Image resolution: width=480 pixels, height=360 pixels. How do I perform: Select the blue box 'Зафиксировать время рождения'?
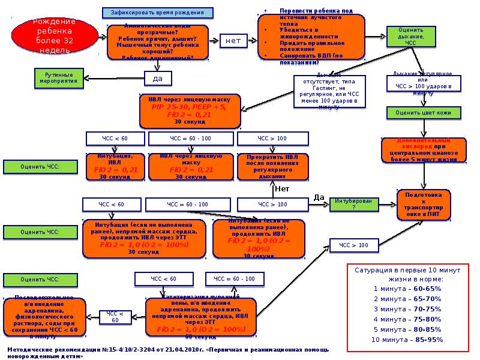(157, 12)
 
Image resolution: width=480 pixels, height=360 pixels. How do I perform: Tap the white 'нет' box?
(233, 41)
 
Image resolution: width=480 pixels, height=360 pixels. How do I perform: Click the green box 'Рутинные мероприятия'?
(58, 76)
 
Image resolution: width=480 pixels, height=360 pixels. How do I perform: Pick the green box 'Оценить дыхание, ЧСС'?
(410, 37)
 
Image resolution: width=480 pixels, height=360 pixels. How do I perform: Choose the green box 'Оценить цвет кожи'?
(419, 112)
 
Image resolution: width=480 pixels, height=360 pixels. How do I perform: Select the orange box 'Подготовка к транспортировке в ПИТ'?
(424, 204)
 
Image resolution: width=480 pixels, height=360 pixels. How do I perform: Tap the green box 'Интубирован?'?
(353, 204)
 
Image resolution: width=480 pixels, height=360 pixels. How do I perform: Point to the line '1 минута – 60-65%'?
(407, 289)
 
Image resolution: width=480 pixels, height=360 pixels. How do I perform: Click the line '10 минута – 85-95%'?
(407, 340)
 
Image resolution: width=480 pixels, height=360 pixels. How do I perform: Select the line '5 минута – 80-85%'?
(407, 329)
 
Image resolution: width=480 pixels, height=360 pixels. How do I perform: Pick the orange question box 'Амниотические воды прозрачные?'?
(158, 42)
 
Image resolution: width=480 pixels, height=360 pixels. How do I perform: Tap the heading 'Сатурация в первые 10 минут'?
(407, 274)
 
